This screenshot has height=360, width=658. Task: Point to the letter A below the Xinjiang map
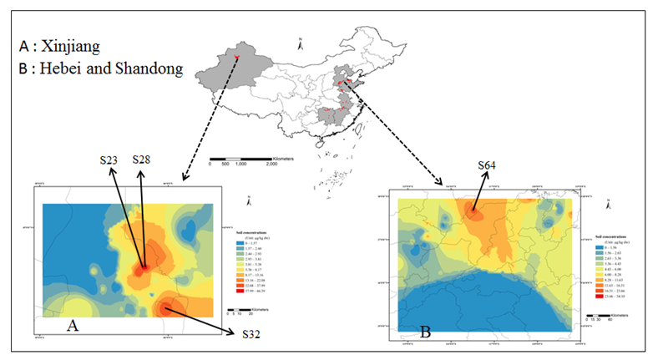73,326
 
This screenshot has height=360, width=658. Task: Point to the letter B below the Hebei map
426,332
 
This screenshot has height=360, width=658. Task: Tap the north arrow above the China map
299,43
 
